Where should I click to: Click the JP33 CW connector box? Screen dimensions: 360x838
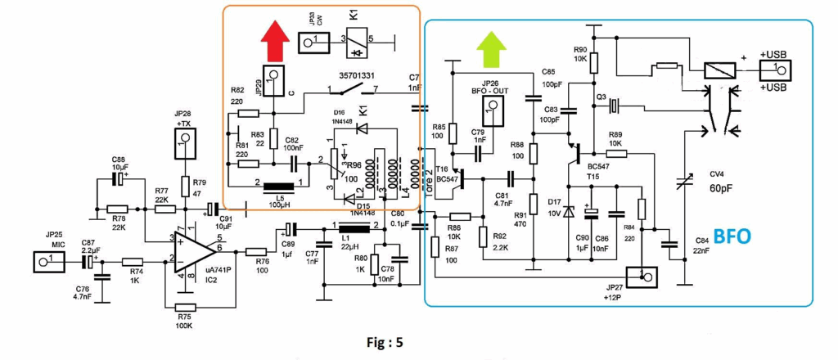307,41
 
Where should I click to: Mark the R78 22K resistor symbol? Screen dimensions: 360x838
118,209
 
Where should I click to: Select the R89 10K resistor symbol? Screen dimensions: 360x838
616,152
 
